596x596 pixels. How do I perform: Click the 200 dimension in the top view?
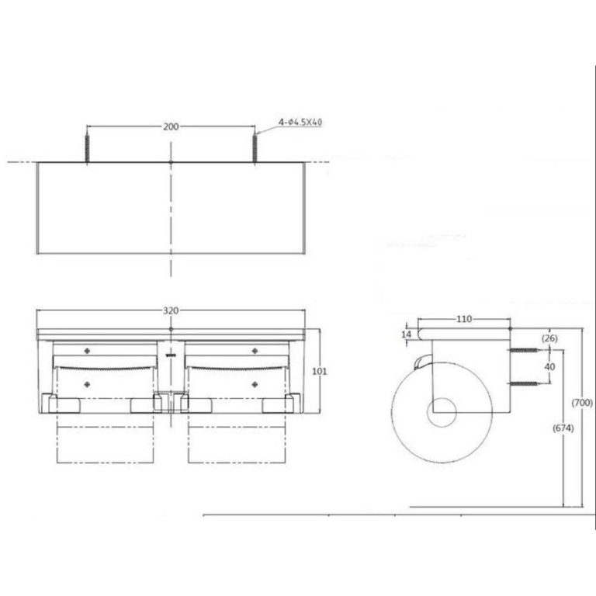[x=171, y=126]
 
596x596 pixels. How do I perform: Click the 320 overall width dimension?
[x=171, y=310]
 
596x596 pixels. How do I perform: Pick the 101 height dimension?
[x=319, y=371]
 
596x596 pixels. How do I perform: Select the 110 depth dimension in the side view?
[x=464, y=319]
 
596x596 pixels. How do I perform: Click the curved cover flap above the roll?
[x=422, y=362]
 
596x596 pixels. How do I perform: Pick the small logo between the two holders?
[x=171, y=356]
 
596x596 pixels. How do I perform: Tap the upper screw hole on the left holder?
[x=86, y=351]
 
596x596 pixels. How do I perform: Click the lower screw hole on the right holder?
[x=254, y=383]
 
